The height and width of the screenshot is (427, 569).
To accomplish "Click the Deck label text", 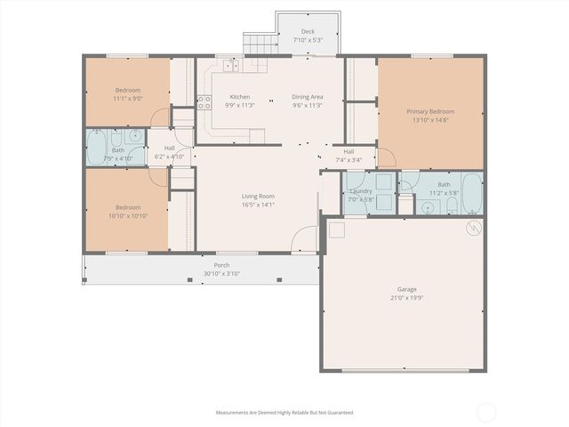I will (308, 31).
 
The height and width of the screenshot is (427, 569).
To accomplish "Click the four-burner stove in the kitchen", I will (204, 102).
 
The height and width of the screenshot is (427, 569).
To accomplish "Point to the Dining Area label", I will (308, 96).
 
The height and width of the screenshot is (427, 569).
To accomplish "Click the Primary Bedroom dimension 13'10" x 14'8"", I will (430, 120).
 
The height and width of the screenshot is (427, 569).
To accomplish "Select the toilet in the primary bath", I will (451, 205).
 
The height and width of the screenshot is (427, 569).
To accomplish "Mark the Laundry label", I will (361, 191).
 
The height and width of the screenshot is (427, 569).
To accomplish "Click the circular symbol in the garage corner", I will (474, 227).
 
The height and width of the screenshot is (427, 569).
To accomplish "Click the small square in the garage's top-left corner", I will (336, 229).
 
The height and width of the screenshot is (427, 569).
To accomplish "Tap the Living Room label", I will (258, 196).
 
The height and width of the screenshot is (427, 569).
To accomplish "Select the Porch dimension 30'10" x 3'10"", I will (221, 273).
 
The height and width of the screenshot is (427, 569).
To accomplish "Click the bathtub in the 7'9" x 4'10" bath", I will (98, 146).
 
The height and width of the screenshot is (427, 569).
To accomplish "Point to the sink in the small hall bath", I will (134, 136).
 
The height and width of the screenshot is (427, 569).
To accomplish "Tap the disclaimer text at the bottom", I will (284, 412).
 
